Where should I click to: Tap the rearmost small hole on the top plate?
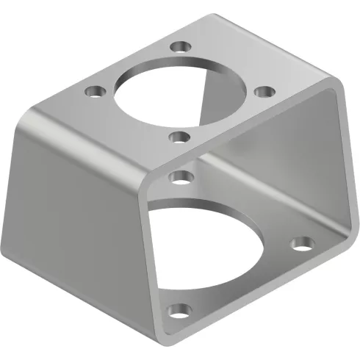(x=179, y=47)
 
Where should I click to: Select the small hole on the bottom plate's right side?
(x=300, y=242)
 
